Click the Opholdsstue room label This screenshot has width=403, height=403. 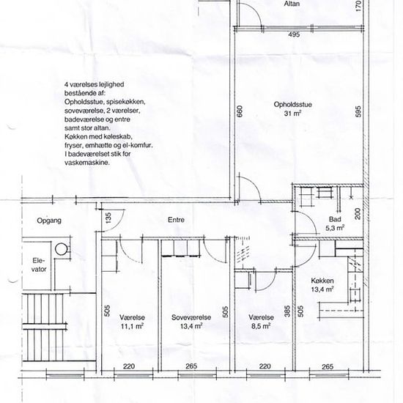[292, 105]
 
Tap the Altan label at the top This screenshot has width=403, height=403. [292, 4]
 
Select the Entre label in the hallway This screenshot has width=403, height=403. [176, 220]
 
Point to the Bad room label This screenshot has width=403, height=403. [335, 219]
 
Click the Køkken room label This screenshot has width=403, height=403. [322, 281]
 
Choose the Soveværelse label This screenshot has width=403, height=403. [191, 317]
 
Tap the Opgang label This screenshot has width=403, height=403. [49, 221]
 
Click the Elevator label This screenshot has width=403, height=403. [39, 265]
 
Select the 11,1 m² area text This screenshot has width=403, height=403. [132, 326]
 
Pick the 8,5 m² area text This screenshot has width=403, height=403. [261, 326]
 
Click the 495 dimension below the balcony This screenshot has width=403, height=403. [294, 34]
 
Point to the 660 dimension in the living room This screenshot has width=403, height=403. [240, 111]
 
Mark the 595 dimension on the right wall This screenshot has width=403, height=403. [358, 111]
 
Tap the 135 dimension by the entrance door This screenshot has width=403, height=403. [108, 218]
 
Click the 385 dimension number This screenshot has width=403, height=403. [287, 311]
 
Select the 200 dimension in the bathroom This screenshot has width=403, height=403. [358, 214]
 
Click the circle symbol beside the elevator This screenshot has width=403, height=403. [61, 249]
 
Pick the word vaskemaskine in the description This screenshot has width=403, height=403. [87, 163]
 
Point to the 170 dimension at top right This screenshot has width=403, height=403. [358, 6]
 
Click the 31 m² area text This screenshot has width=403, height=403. [292, 113]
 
